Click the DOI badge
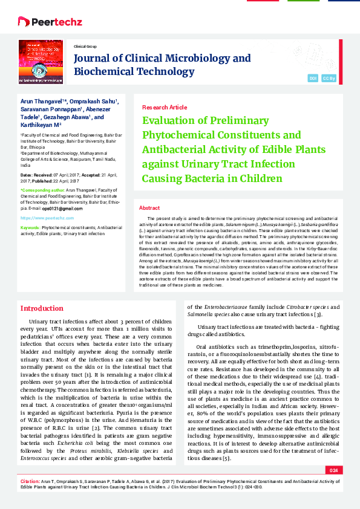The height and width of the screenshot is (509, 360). click(x=313, y=79)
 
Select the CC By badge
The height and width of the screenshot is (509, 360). click(x=329, y=79)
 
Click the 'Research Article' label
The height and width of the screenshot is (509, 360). click(x=164, y=106)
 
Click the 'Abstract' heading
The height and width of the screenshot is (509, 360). click(x=149, y=207)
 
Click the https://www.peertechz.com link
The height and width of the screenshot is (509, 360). click(x=43, y=216)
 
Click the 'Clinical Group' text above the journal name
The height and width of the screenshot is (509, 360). click(x=85, y=46)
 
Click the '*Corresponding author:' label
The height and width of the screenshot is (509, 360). click(x=42, y=190)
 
